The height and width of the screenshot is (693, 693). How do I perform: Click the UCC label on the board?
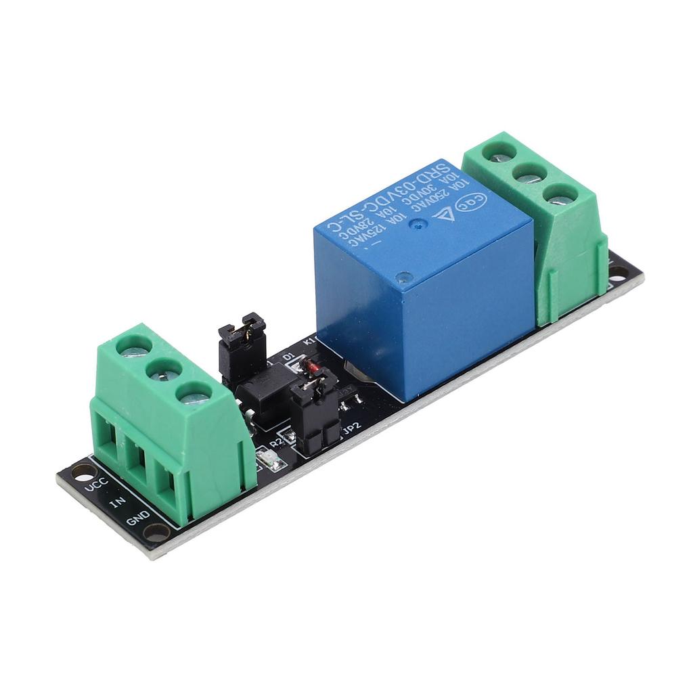coord(94,487)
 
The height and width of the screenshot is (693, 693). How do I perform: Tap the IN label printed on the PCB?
coord(117,503)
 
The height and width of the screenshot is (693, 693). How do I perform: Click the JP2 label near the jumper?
coord(351,428)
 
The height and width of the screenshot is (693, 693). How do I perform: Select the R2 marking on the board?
coord(275,442)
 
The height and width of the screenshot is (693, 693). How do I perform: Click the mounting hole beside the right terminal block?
coord(617,272)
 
